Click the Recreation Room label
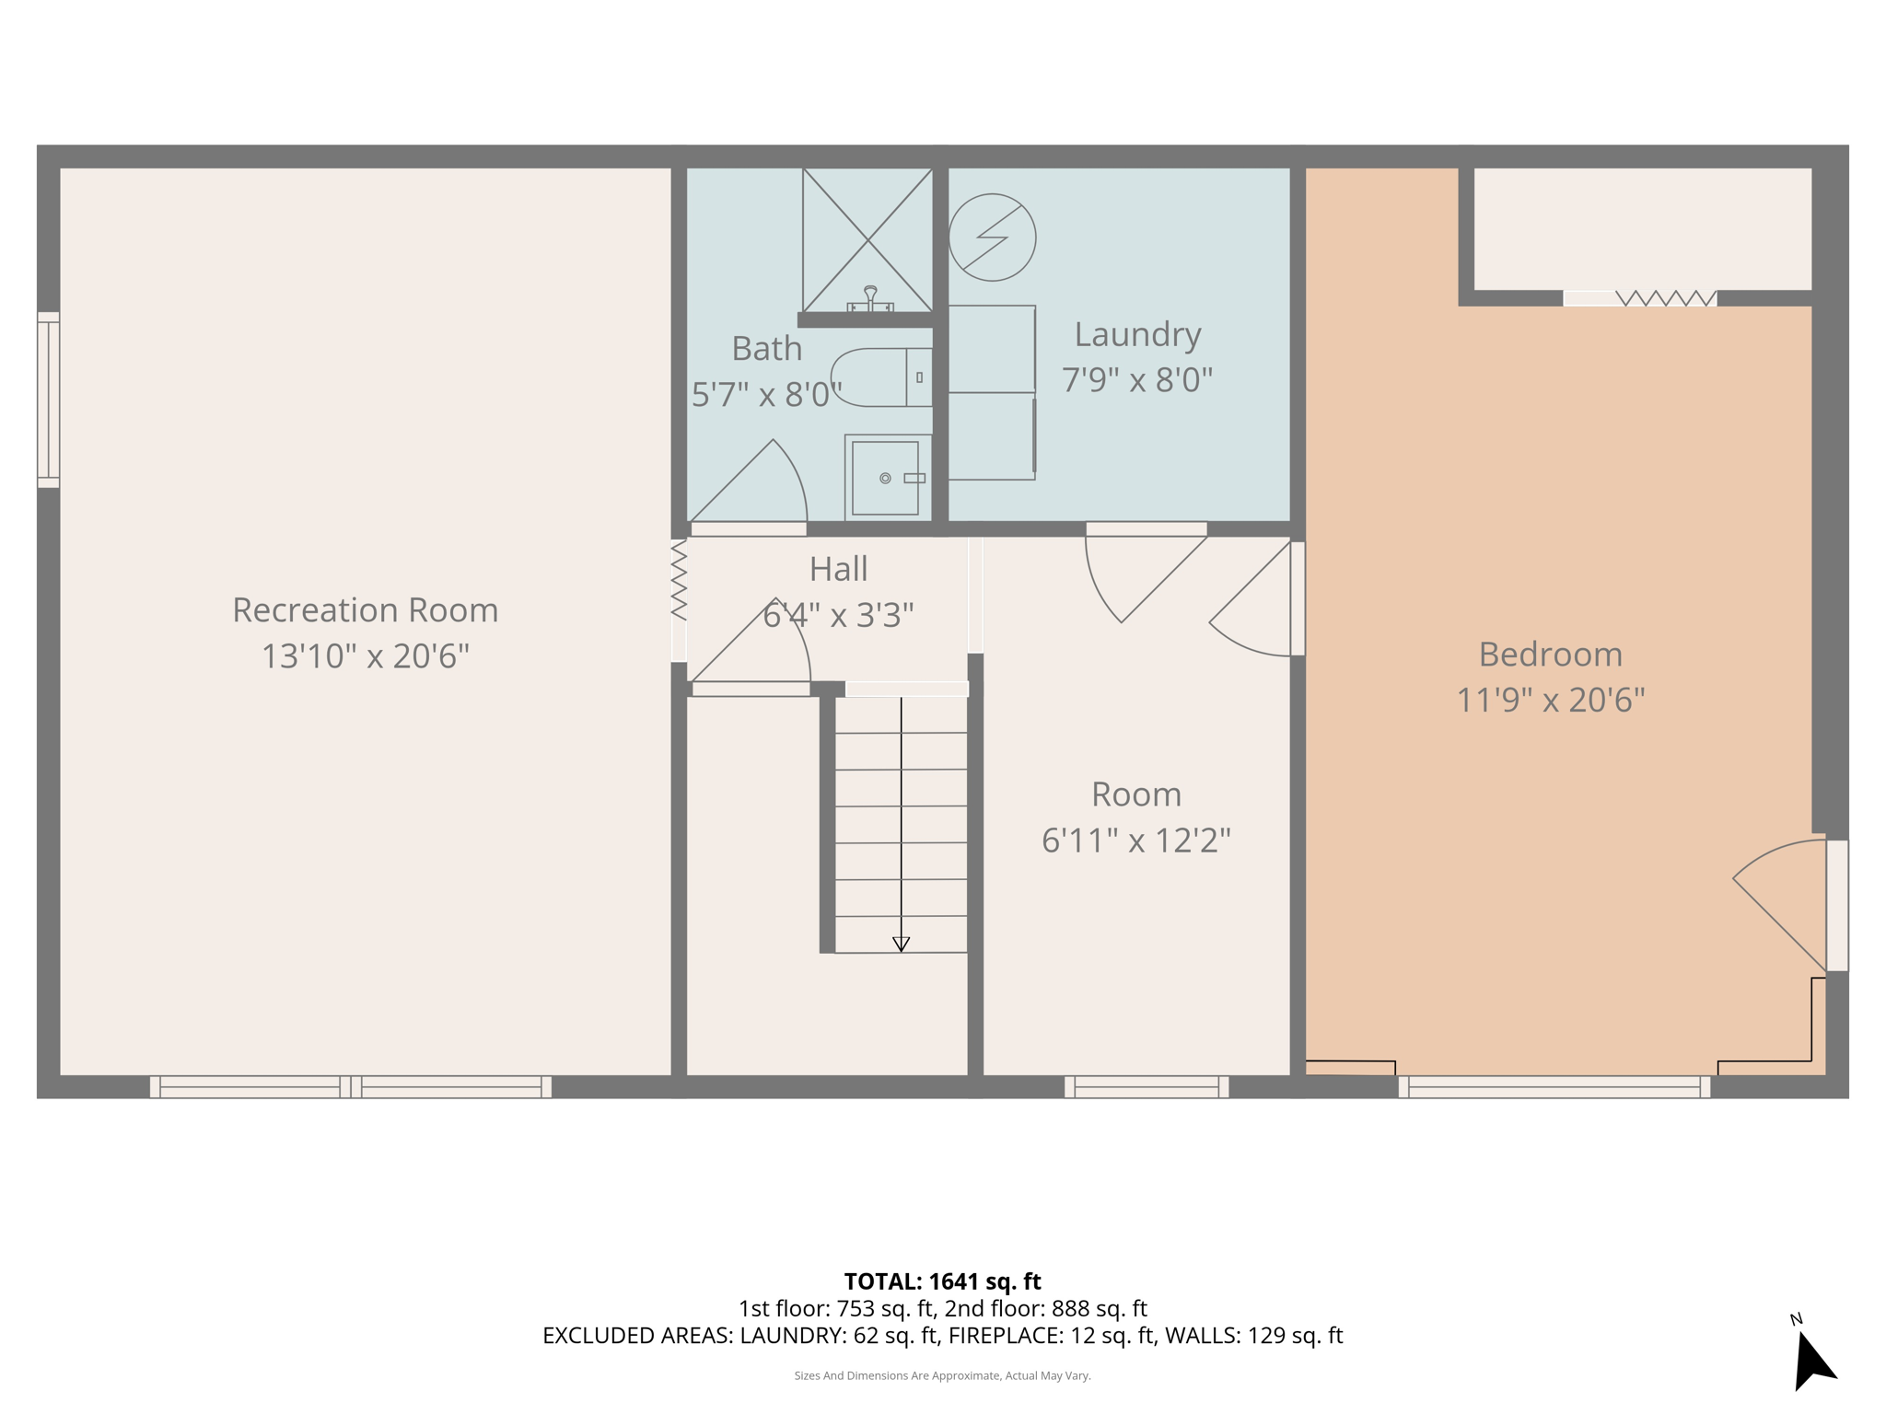tap(365, 610)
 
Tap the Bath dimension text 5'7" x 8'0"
tap(766, 395)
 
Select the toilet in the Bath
tap(880, 377)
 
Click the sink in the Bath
tap(885, 478)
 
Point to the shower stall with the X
tap(867, 240)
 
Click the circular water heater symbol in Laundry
tap(992, 238)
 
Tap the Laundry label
tap(1137, 334)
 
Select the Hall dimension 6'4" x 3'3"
tap(838, 614)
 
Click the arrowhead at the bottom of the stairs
tap(901, 944)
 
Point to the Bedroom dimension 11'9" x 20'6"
tap(1550, 701)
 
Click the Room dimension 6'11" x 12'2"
tap(1135, 840)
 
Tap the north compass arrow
tap(1812, 1361)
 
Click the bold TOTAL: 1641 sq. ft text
tap(942, 1281)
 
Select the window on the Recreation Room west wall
tap(48, 400)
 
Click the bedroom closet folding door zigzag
tap(1666, 298)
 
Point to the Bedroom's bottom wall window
tap(1554, 1087)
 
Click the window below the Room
tap(1147, 1087)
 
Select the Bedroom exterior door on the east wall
tap(1836, 905)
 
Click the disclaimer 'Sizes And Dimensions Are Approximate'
tap(942, 1375)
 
